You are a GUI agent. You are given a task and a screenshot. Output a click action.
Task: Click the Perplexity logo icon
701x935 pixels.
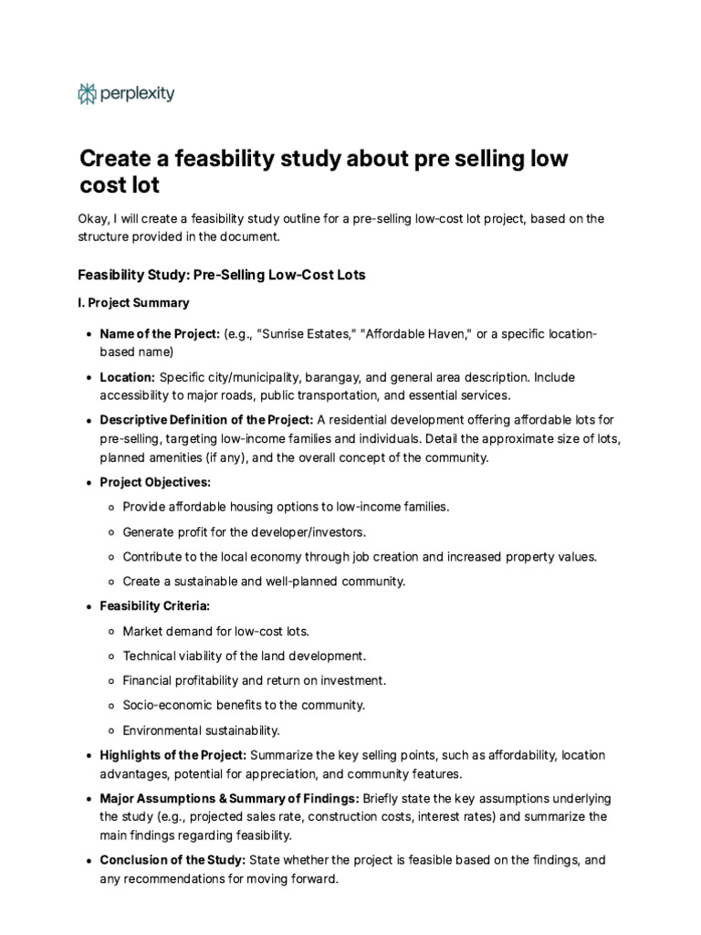[x=87, y=93]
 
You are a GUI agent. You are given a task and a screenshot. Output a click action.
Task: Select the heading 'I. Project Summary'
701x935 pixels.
[x=133, y=302]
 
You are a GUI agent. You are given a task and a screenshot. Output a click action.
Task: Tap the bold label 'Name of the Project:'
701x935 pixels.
[x=160, y=334]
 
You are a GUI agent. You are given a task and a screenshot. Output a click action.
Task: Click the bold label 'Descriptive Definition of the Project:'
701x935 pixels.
[x=206, y=419]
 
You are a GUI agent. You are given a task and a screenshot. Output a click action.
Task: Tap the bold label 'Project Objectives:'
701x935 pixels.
[x=155, y=481]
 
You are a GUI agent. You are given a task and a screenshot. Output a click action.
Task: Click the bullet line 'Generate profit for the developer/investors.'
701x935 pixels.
[x=245, y=531]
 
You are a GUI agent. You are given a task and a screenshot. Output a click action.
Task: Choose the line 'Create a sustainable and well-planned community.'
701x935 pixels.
[x=264, y=581]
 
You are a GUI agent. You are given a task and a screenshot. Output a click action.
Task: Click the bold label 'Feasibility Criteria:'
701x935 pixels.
[x=155, y=606]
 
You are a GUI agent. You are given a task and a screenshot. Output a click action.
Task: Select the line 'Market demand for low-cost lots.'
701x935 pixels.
[x=216, y=631]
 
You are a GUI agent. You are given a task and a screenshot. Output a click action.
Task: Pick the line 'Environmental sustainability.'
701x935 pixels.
[x=202, y=730]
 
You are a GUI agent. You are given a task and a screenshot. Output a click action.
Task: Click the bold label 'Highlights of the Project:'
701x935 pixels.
[x=173, y=755]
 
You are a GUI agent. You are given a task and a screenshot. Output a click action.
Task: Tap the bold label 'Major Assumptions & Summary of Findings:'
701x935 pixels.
[x=229, y=798]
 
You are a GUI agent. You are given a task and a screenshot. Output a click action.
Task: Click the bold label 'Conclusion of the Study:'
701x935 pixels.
[x=173, y=860]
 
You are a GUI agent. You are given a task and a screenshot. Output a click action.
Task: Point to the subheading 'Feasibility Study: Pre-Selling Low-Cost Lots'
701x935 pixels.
[x=222, y=274]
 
